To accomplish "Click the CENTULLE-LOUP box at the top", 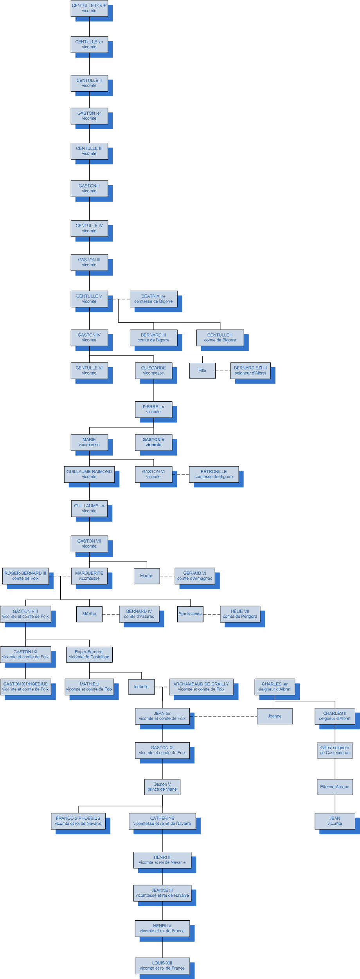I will [x=89, y=8].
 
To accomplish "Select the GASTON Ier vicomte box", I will [x=89, y=116].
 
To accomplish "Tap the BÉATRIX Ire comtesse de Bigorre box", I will [x=153, y=299].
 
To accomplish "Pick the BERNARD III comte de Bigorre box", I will [x=153, y=337].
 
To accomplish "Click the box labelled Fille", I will [x=202, y=371].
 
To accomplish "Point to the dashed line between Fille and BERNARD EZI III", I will [x=223, y=371].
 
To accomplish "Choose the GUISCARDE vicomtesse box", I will [x=153, y=370].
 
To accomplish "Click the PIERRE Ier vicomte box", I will [x=153, y=409].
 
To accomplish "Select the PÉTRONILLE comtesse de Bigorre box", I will [x=214, y=474].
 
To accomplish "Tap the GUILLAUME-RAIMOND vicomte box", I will [x=89, y=474].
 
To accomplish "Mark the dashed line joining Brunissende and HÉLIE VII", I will [x=212, y=614].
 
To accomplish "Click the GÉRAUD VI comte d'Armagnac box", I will [x=194, y=576].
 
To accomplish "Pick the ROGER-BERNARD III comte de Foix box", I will [x=25, y=576].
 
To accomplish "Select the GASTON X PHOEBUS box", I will [x=25, y=687].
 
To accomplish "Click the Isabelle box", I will [x=141, y=687].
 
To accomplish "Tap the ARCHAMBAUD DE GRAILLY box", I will [x=201, y=687].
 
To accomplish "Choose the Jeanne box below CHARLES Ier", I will [x=275, y=716].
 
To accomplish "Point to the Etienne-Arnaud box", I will [x=335, y=787].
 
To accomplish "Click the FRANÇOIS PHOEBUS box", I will [x=78, y=821].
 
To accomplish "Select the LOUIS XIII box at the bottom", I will [x=162, y=965].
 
